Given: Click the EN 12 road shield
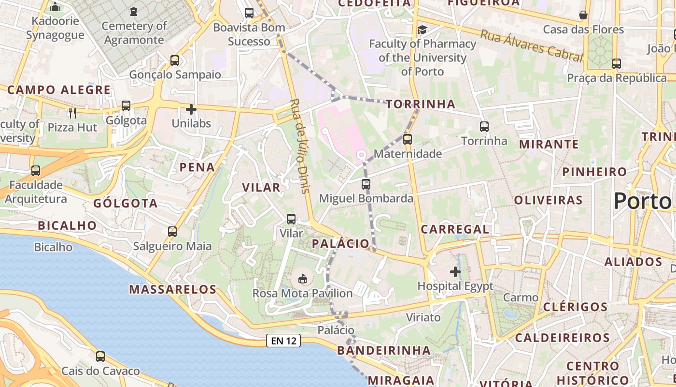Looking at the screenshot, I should click(283, 341).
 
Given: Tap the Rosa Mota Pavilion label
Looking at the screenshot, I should click(303, 293).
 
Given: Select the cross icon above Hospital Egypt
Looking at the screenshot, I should click(455, 271).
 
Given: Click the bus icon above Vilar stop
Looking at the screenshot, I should click(291, 219).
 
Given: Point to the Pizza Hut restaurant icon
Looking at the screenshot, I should click(72, 113).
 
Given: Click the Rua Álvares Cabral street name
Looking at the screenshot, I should click(531, 45).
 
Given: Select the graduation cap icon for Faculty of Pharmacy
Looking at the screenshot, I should click(422, 30).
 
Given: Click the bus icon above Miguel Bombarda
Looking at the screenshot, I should click(366, 184).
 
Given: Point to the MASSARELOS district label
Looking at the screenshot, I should click(172, 289).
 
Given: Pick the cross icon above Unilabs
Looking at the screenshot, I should click(191, 109).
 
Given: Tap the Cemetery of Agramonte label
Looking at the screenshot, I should click(134, 33).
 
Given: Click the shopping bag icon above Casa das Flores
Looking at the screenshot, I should click(583, 15).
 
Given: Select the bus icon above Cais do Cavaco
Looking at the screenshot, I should click(100, 357).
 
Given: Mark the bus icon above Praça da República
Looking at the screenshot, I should click(616, 63).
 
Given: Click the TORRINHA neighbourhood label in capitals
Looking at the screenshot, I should click(420, 104).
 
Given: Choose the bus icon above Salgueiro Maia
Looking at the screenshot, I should click(172, 232).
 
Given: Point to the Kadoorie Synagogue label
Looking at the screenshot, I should click(55, 28).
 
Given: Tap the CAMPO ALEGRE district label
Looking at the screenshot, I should click(59, 90).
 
